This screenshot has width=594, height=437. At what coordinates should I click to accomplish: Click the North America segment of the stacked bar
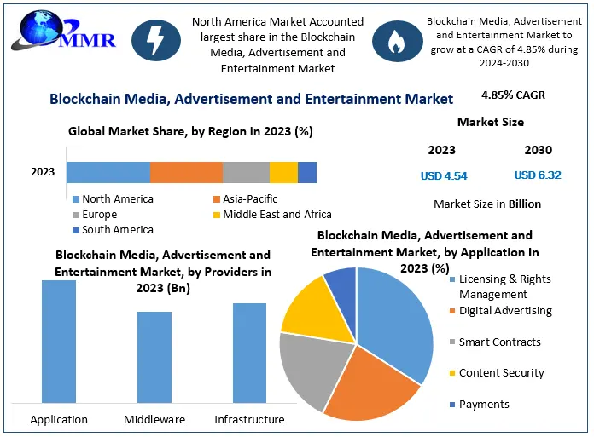108,172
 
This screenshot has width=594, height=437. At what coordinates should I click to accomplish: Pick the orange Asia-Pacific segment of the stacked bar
186,172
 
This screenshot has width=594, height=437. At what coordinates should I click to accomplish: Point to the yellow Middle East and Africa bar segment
283,172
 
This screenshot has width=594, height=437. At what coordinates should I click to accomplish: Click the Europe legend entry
100,215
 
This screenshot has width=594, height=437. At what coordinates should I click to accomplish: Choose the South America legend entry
113,230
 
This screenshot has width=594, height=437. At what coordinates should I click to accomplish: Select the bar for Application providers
59,341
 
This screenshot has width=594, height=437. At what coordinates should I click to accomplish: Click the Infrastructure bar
249,352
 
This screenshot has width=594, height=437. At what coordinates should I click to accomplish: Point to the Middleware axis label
154,419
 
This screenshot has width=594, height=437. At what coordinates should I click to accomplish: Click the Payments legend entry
483,404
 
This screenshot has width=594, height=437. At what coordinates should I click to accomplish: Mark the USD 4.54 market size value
444,176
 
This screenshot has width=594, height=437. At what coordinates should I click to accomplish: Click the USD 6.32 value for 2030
538,175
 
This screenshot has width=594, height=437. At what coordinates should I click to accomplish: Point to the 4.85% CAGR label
513,95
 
